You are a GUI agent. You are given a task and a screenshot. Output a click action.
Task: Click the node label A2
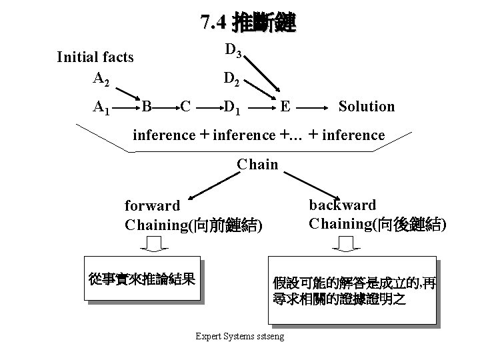[x=101, y=79]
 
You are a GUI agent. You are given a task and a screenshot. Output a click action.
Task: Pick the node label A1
[x=101, y=107]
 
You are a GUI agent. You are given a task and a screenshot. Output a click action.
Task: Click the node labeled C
[x=186, y=106]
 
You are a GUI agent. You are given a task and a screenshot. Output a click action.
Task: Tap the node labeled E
[x=285, y=106]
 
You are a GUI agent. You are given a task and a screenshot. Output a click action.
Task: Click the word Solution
[x=366, y=106]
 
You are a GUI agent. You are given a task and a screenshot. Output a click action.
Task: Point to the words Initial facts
[x=95, y=57]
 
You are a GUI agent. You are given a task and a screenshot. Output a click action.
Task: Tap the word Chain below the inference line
[x=258, y=164]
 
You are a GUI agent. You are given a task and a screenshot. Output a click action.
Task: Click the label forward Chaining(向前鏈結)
[x=194, y=215]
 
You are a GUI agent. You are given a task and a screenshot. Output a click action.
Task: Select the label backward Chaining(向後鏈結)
[x=377, y=214]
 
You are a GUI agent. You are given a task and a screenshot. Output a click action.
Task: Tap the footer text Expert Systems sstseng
[x=239, y=336]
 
